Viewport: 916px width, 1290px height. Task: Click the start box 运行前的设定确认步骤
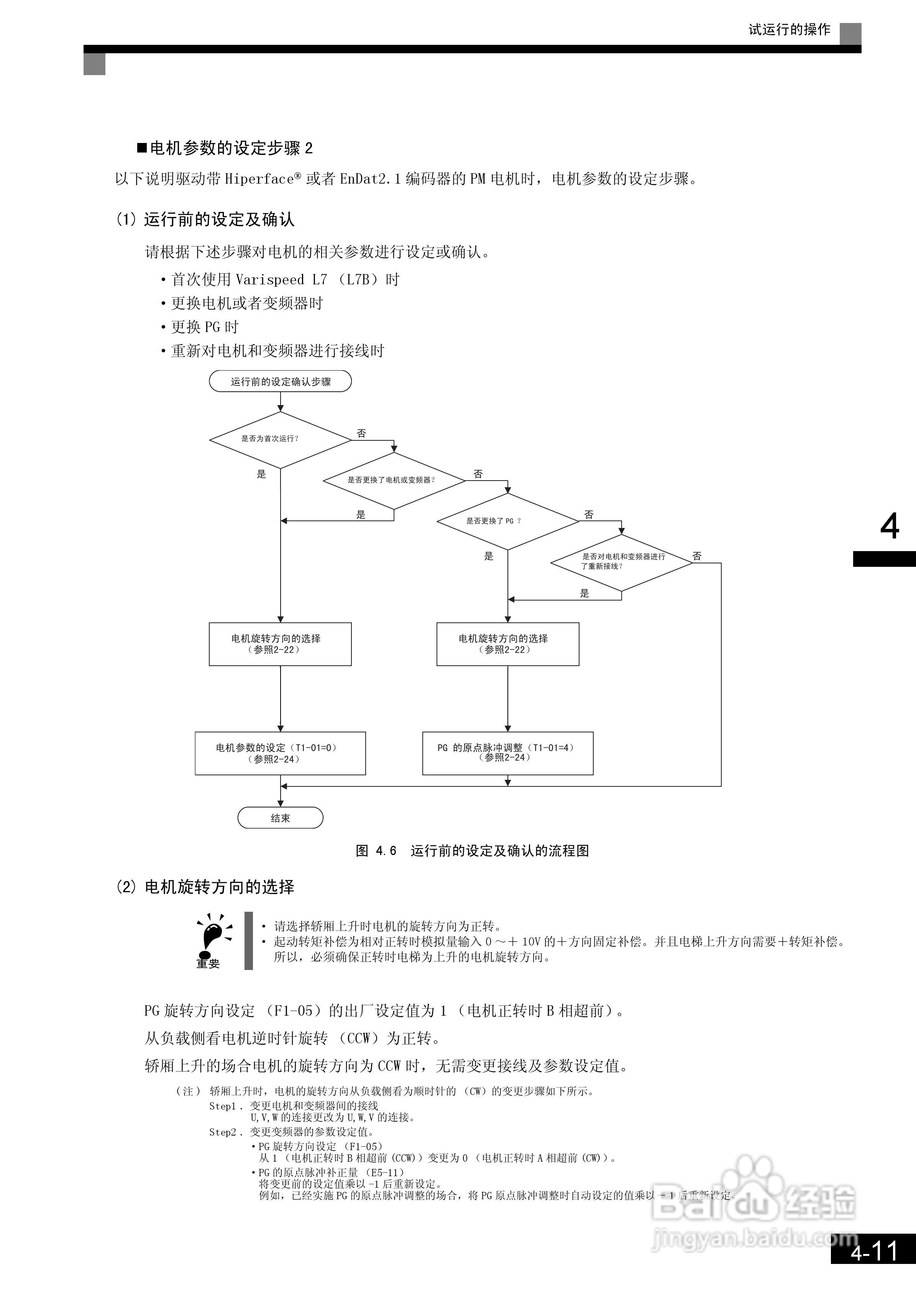280,381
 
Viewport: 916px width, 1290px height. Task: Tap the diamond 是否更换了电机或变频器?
394,480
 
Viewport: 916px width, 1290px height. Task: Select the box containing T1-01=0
280,753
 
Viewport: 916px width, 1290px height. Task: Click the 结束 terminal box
280,818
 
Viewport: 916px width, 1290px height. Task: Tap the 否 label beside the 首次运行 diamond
361,433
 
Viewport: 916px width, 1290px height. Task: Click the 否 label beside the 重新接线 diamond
697,556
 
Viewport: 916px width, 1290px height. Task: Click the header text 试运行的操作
789,30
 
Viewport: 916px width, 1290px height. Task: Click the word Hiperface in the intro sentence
259,179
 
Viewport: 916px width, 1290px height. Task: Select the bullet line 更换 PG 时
205,327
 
